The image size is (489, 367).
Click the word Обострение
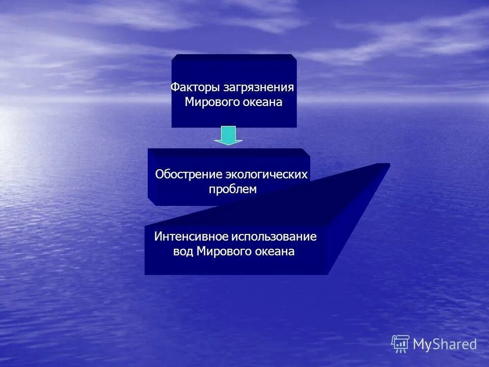[x=188, y=174]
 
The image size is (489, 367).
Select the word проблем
[x=233, y=189]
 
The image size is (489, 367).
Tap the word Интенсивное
[x=191, y=237]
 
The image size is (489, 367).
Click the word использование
[x=275, y=237]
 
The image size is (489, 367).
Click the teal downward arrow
[x=228, y=135]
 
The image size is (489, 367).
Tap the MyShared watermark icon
[x=400, y=344]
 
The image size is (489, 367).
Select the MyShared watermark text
[x=445, y=345]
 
